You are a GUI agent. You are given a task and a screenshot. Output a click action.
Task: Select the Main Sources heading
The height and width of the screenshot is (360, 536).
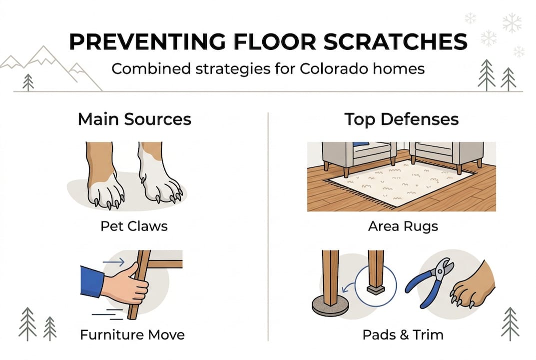[x=134, y=119]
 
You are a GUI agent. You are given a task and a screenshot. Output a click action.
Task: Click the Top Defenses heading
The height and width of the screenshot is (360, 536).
[x=402, y=119]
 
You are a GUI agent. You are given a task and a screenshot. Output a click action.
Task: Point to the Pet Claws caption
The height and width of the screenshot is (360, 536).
[x=134, y=225]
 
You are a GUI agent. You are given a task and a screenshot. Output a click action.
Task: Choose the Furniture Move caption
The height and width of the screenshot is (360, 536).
[x=132, y=334]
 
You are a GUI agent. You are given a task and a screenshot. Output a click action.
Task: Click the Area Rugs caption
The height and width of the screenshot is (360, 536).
[x=403, y=226]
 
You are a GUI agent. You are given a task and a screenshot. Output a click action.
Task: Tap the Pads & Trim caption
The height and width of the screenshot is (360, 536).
[x=403, y=334]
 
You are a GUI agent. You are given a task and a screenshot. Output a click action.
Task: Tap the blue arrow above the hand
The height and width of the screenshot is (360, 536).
[x=111, y=260]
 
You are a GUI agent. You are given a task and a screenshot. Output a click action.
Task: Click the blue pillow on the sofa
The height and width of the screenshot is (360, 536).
[x=361, y=145]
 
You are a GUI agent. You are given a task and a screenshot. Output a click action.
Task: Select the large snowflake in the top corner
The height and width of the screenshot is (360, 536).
[x=512, y=22]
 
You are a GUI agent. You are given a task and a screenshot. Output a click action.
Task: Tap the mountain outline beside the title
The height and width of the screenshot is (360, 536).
[x=50, y=62]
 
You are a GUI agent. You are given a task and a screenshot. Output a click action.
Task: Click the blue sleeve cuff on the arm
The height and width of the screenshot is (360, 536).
[x=92, y=282]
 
